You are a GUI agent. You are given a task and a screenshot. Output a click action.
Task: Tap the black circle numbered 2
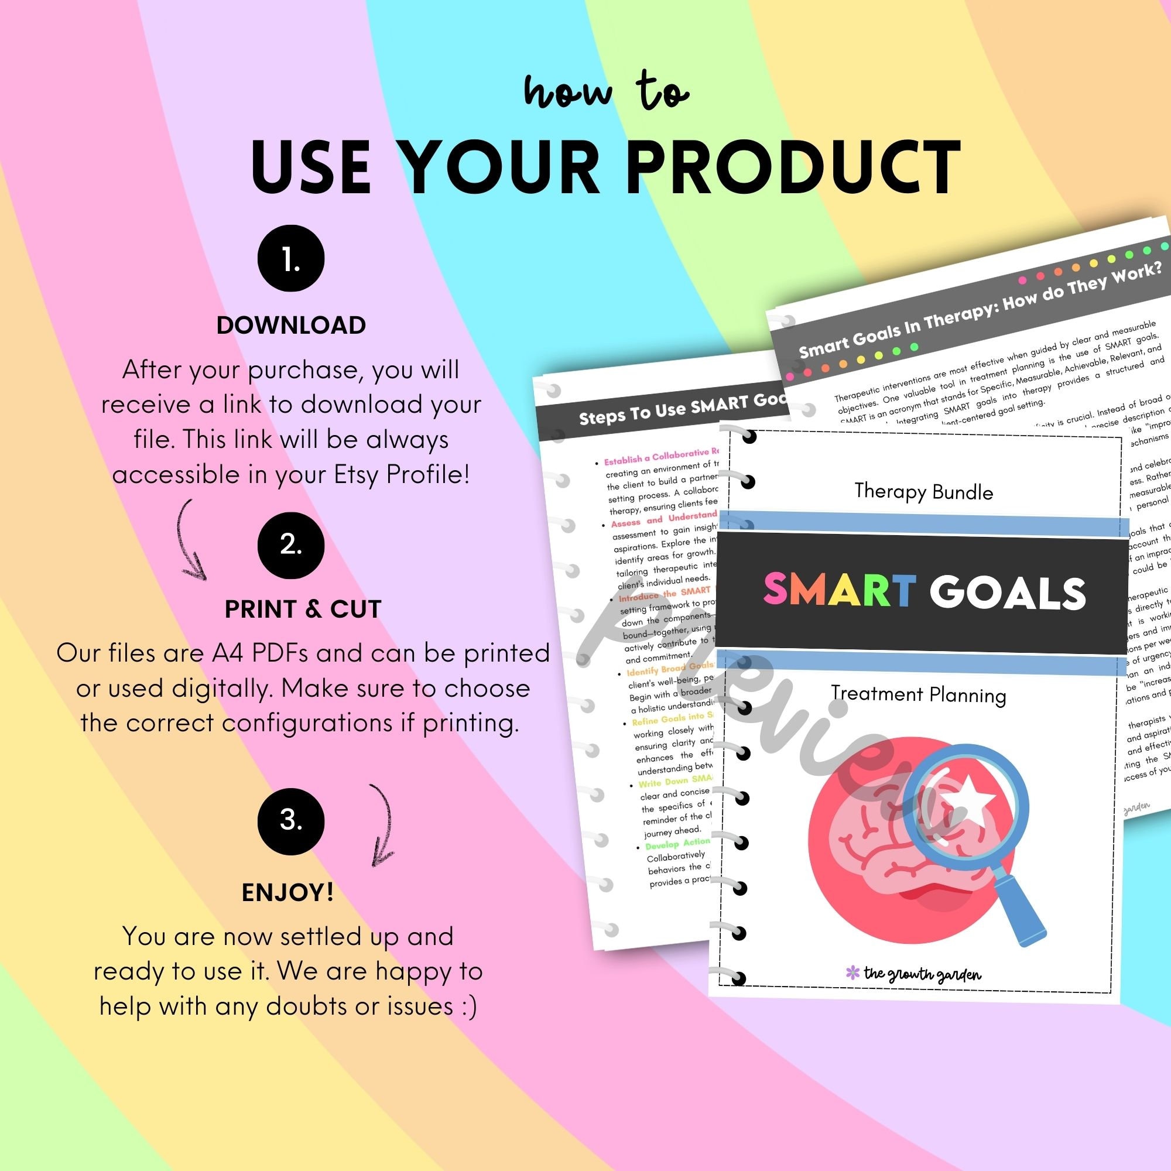(290, 545)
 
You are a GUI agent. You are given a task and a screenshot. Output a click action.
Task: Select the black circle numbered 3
(290, 821)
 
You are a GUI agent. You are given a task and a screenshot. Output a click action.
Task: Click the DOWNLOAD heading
(291, 326)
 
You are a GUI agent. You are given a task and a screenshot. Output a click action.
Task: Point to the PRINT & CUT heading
(303, 609)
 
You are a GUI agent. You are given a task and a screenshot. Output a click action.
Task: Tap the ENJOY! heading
(287, 892)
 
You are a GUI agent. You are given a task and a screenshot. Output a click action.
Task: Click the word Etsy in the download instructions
(358, 475)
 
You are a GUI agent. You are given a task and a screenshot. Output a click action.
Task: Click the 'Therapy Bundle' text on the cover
(923, 491)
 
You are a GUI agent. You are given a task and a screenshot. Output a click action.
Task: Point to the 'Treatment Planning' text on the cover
(917, 694)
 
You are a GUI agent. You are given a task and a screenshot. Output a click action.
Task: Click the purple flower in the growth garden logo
(852, 973)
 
